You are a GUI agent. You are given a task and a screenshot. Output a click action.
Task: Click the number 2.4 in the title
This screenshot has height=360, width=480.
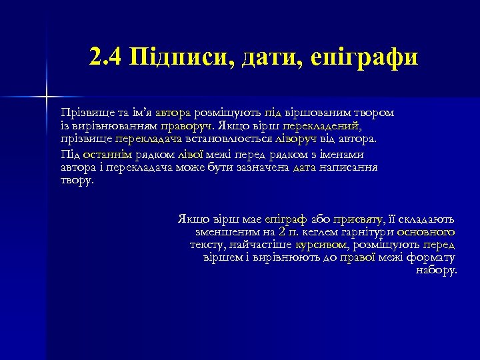click(x=105, y=57)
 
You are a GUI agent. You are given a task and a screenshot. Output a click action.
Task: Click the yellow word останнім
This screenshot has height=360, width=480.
click(x=107, y=155)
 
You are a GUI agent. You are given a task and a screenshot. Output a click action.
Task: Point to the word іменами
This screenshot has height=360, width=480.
click(x=340, y=155)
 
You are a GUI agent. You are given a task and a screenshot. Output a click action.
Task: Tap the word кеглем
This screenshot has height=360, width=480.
click(x=319, y=232)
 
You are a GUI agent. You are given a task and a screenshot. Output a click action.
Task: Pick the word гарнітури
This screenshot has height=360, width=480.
click(x=369, y=232)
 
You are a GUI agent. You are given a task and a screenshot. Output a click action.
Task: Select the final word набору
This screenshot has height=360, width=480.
click(x=437, y=270)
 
